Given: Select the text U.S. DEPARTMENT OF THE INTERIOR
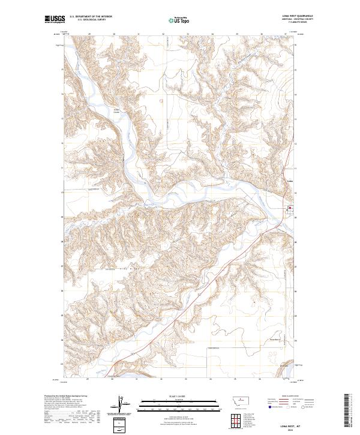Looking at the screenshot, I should point(91,17).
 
